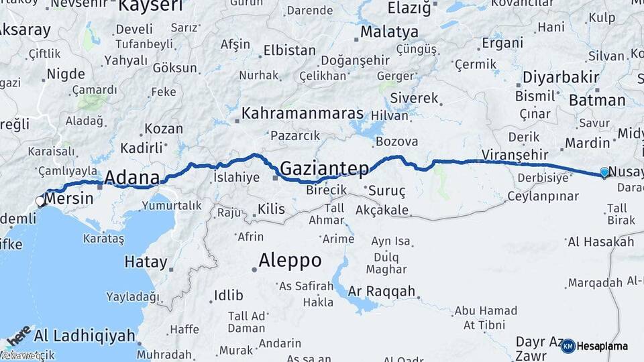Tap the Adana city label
pos(132,178)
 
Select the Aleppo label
pos(290,260)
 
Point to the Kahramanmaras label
pos(303,113)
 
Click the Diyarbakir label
pos(561,77)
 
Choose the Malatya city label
pos(389,32)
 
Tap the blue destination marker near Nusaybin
pos(604,172)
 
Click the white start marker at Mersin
pos(40,201)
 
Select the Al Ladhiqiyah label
pos(85,335)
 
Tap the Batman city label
pos(596,101)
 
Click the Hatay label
pos(146,262)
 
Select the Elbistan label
pos(289,50)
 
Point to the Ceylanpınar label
pos(543,196)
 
